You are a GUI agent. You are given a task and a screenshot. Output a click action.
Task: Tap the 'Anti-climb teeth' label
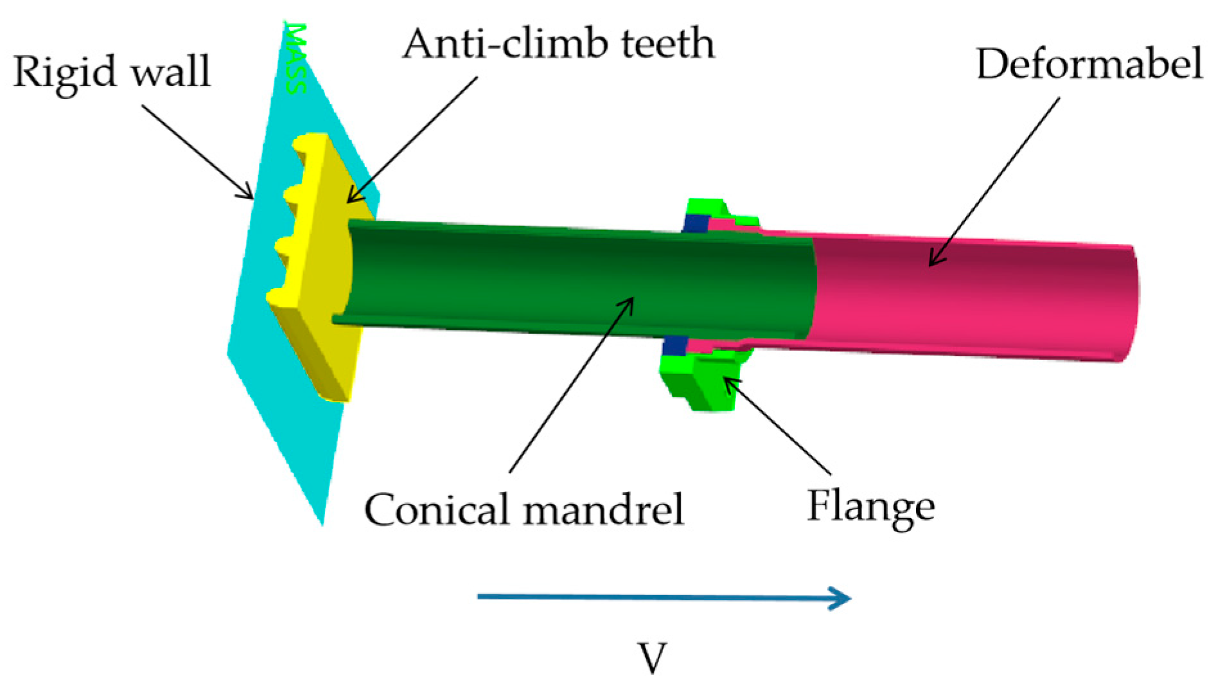tap(558, 44)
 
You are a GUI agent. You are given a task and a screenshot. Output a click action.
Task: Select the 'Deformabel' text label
tap(1089, 64)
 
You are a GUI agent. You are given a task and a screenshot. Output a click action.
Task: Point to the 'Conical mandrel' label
tap(524, 510)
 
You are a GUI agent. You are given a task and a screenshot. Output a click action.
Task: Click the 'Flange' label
tap(870, 506)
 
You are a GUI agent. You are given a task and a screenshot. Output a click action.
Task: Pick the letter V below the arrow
tap(652, 657)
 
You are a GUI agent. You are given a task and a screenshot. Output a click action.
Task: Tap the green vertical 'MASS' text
tap(295, 58)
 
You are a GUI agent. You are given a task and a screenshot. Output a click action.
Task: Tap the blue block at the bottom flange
tap(673, 345)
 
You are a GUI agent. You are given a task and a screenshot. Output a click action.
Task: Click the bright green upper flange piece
tap(707, 207)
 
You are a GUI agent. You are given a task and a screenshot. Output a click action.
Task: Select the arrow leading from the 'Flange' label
tap(778, 427)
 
